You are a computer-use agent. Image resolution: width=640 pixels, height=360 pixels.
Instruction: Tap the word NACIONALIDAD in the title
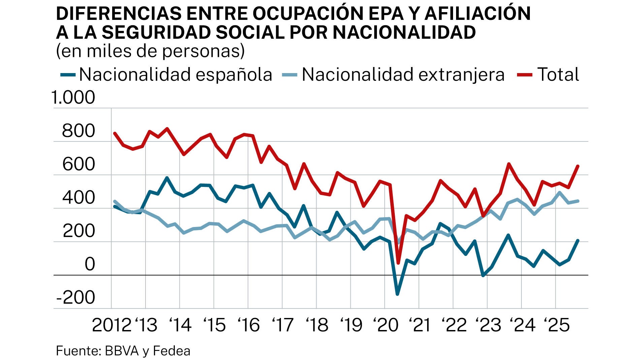[404, 32]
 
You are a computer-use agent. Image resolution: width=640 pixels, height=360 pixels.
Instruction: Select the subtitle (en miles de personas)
[150, 51]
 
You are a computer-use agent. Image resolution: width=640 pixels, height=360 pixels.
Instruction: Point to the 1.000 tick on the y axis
[73, 98]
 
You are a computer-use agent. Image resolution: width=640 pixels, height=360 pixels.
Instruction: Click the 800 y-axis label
[78, 131]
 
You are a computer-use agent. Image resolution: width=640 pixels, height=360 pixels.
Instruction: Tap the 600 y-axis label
[78, 164]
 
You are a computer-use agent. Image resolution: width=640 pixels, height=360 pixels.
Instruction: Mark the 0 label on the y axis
[90, 264]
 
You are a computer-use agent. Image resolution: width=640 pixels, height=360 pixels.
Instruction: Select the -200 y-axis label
[76, 298]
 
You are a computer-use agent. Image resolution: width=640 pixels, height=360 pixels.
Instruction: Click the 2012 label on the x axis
[111, 325]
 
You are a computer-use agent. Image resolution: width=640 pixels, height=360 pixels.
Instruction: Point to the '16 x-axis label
[249, 325]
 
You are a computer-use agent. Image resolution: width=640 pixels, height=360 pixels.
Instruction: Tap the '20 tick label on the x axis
[385, 325]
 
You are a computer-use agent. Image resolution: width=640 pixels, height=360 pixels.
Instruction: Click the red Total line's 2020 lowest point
[398, 263]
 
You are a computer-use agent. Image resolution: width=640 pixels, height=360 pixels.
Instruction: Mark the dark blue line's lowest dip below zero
[397, 294]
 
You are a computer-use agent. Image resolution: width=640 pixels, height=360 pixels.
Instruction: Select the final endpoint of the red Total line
[578, 166]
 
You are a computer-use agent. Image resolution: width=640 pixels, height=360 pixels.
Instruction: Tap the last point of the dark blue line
[578, 240]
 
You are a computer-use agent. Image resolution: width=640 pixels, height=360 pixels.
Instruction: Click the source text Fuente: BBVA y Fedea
[123, 351]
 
